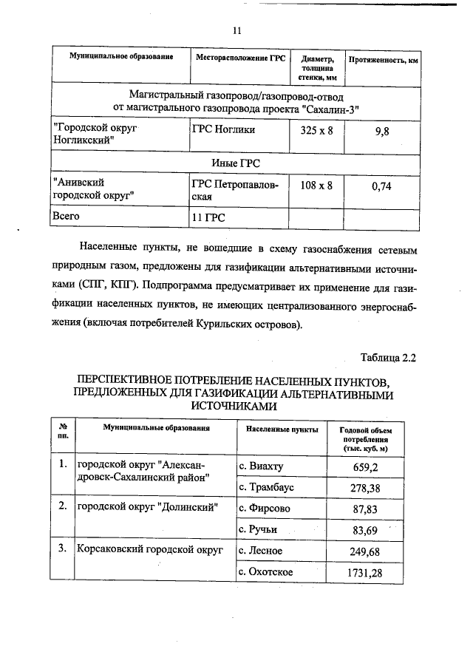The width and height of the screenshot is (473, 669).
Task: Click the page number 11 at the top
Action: (236, 30)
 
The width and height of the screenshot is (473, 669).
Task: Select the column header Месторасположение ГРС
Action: (239, 58)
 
